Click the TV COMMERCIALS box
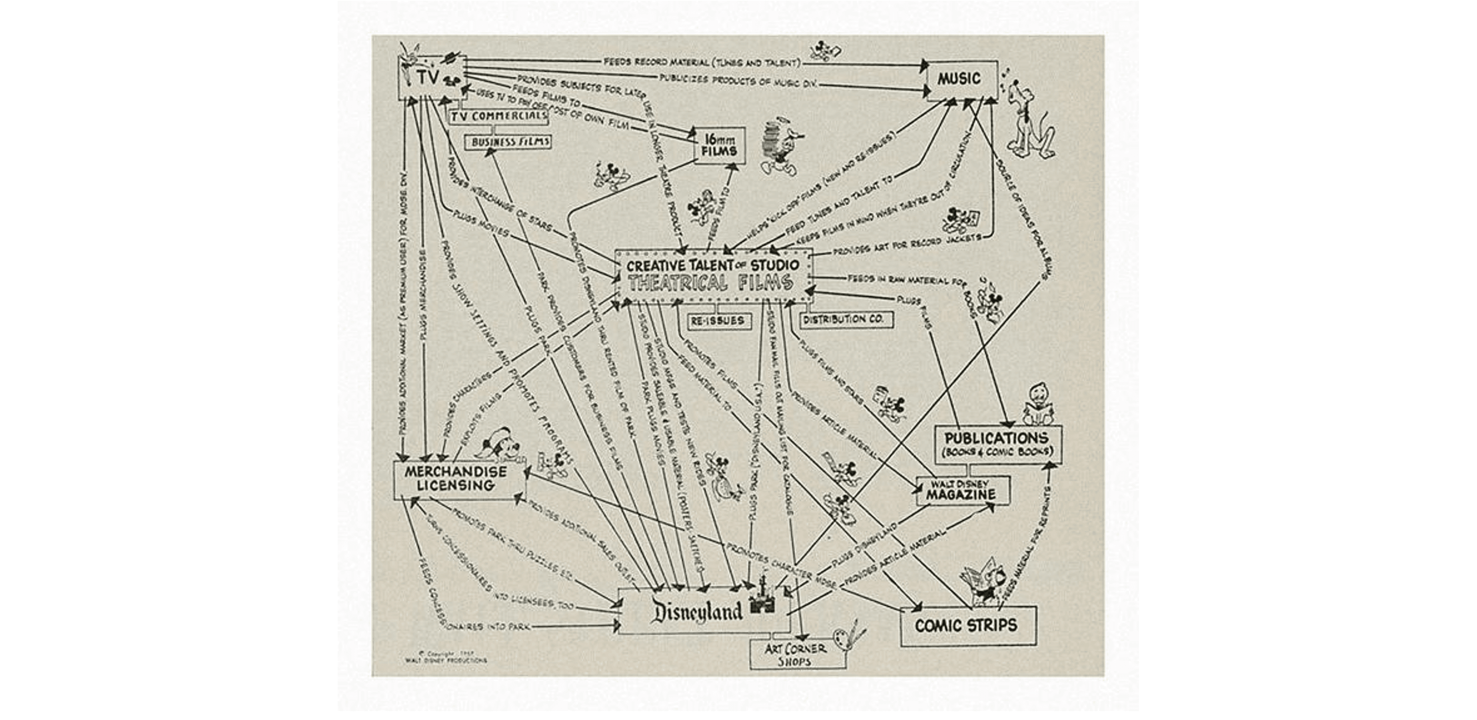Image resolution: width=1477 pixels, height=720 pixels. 498,116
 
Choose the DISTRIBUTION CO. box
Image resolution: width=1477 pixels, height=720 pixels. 846,319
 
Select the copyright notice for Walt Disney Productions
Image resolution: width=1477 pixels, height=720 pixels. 445,657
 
